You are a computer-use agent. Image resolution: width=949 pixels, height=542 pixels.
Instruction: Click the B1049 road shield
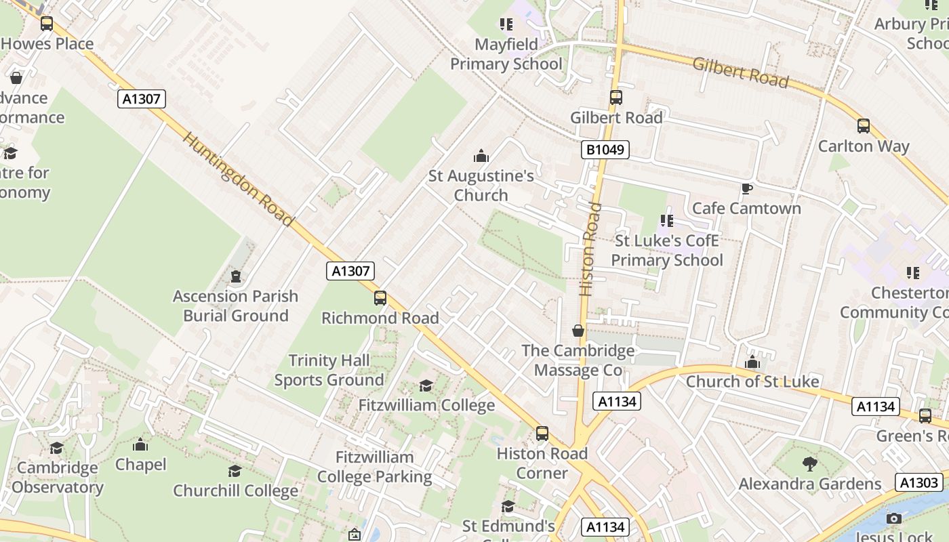click(x=605, y=150)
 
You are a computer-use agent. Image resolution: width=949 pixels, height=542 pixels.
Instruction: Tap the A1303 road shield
click(x=919, y=482)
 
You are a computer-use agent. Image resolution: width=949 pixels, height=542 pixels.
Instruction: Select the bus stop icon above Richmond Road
click(x=380, y=298)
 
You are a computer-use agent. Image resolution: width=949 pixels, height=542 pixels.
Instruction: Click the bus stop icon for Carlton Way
click(x=863, y=126)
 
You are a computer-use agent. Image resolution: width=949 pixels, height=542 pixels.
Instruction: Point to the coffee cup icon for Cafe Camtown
click(x=746, y=188)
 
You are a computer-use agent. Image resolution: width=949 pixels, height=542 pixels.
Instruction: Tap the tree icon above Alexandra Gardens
click(x=809, y=464)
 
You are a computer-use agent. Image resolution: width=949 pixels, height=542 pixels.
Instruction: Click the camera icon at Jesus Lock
click(x=894, y=519)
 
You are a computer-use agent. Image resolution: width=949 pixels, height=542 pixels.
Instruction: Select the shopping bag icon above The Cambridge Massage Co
click(x=578, y=331)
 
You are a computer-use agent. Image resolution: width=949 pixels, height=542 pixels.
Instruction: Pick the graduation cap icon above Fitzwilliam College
click(x=426, y=386)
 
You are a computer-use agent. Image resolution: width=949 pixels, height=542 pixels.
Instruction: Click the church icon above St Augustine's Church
click(x=481, y=157)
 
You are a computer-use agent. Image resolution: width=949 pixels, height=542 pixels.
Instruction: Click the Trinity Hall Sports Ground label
click(x=329, y=370)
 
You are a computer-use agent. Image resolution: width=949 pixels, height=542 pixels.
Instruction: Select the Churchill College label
click(x=235, y=491)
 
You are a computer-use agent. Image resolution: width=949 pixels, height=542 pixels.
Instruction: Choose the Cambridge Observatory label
click(x=58, y=477)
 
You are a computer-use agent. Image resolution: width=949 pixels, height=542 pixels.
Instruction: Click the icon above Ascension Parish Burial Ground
click(x=235, y=276)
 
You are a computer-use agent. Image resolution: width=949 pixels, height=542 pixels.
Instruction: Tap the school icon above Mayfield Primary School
click(x=506, y=25)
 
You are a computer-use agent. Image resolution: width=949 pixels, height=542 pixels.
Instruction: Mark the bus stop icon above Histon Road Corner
click(x=542, y=434)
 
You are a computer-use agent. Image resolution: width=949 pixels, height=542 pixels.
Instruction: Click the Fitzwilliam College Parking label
click(x=374, y=467)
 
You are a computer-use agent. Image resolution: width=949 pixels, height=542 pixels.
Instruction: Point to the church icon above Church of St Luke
click(x=752, y=362)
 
